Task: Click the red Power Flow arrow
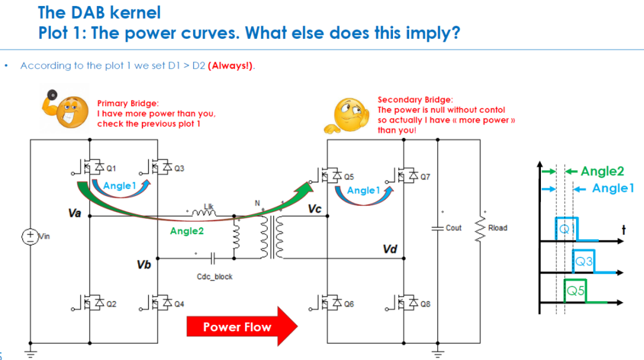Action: tap(242, 327)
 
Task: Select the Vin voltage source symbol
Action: tap(30, 237)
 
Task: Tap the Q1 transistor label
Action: tap(112, 168)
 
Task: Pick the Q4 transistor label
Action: tap(179, 304)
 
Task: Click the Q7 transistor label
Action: tap(425, 176)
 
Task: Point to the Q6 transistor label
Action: tap(349, 304)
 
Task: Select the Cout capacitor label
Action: tap(453, 228)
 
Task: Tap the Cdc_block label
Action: tap(215, 277)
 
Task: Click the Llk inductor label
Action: tap(209, 206)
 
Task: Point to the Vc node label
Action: tap(315, 209)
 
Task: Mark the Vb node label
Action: tap(144, 265)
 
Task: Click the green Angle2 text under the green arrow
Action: tap(187, 231)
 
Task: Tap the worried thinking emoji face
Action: tap(346, 116)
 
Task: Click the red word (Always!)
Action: tap(230, 66)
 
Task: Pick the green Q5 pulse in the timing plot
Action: tap(575, 291)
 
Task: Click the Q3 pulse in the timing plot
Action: tap(584, 261)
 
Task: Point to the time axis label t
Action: tap(624, 230)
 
